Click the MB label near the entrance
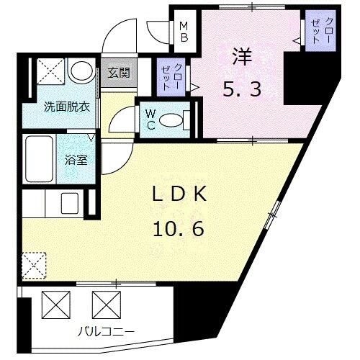tap(184, 32)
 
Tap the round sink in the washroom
tap(81, 72)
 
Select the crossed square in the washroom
tap(45, 73)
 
